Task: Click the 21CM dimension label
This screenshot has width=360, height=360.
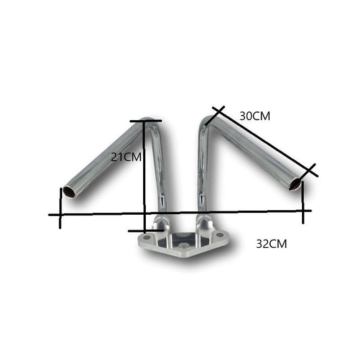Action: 126,157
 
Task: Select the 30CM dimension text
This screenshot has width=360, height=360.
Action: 255,115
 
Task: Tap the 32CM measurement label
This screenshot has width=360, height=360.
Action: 272,244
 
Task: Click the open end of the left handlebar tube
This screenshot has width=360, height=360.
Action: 70,192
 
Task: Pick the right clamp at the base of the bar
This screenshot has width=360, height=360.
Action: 203,222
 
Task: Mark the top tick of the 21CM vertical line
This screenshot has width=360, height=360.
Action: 145,121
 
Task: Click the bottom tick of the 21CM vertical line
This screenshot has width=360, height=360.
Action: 145,230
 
